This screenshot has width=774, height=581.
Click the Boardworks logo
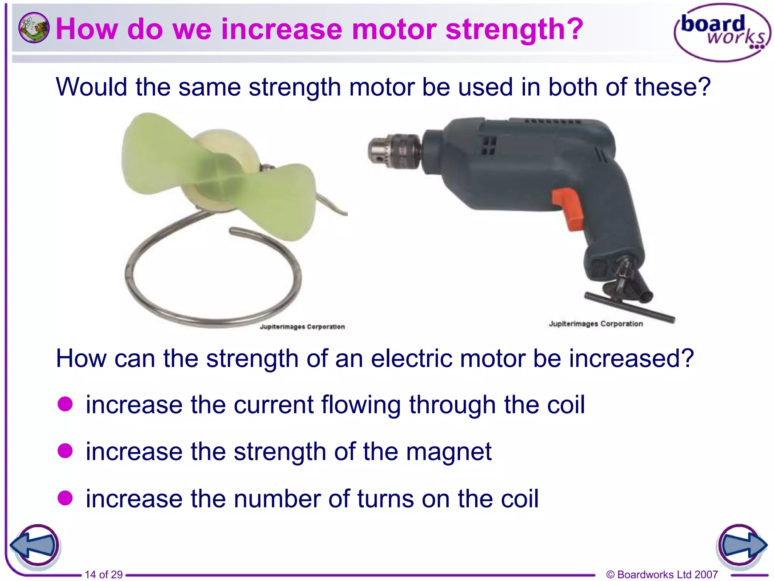point(722,33)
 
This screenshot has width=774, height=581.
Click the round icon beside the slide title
point(34,28)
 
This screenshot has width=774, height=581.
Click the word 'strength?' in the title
point(514,29)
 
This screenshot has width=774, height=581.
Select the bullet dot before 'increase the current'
point(65,404)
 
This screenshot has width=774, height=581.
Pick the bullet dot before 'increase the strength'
point(65,451)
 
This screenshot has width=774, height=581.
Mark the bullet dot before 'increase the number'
point(65,498)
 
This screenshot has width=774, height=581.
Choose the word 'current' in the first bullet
point(274,405)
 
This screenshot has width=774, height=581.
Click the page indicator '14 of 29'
point(104,574)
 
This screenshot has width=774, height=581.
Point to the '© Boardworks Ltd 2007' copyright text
point(662,574)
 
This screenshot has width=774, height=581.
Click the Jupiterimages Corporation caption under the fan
point(302,326)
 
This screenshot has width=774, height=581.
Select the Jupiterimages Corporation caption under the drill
point(596,324)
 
